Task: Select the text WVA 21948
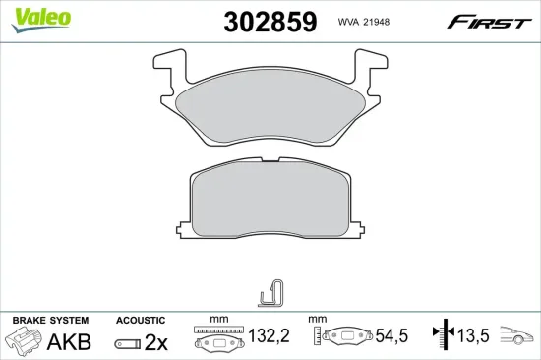point(365,23)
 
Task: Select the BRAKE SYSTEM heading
point(50,321)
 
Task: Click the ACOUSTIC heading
point(142,321)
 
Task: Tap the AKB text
point(71,341)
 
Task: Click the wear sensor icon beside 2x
point(127,343)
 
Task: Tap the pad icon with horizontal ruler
point(217,338)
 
